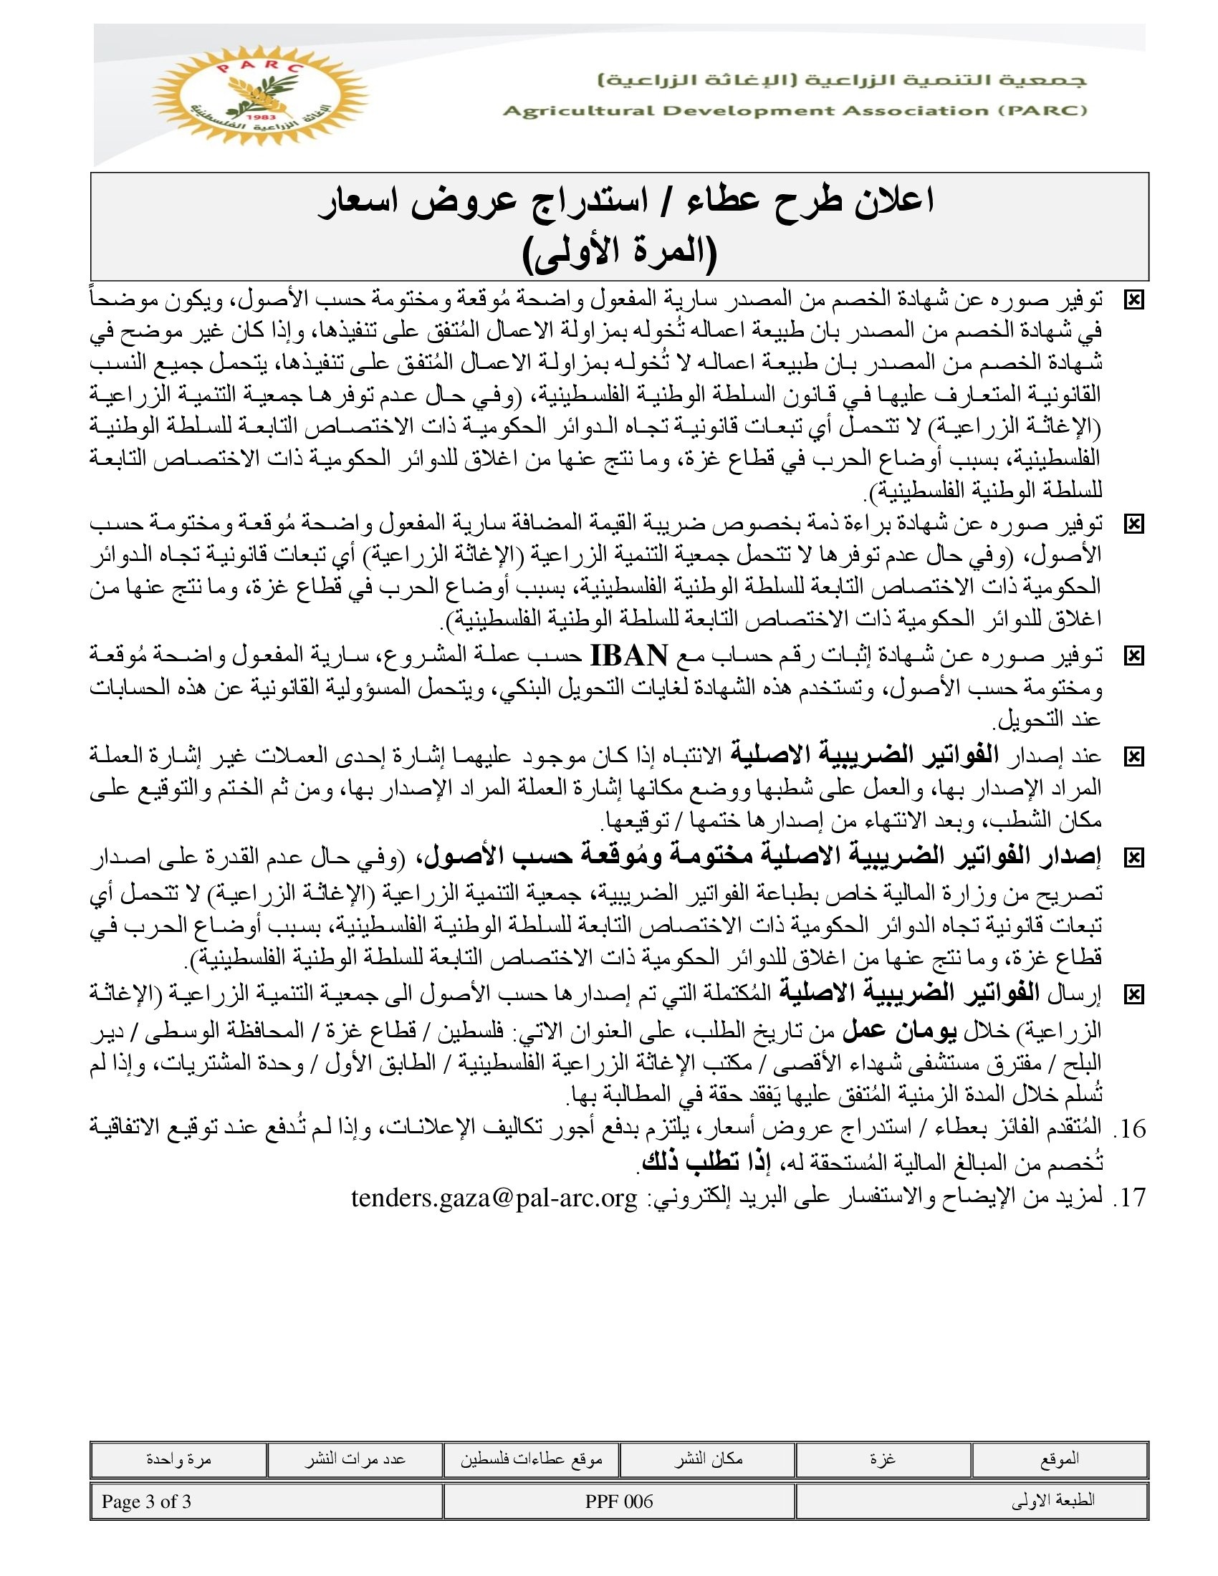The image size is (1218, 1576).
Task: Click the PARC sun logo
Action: pyautogui.click(x=260, y=95)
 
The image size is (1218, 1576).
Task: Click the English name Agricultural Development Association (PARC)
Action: pyautogui.click(x=795, y=111)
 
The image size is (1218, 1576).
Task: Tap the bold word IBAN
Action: pyautogui.click(x=629, y=655)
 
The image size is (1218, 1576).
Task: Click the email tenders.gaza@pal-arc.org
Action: pyautogui.click(x=494, y=1197)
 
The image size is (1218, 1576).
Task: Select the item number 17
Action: pyautogui.click(x=1129, y=1197)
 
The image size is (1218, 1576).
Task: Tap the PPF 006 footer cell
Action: pyautogui.click(x=619, y=1501)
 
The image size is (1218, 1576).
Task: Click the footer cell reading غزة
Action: pyautogui.click(x=883, y=1459)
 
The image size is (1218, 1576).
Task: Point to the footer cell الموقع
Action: pyautogui.click(x=1059, y=1459)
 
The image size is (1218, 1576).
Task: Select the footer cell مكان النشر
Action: pyautogui.click(x=708, y=1459)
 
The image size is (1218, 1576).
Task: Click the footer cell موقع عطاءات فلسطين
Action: pyautogui.click(x=531, y=1459)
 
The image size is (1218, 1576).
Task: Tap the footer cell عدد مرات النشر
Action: pyautogui.click(x=354, y=1459)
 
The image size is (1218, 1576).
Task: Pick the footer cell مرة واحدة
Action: pyautogui.click(x=178, y=1459)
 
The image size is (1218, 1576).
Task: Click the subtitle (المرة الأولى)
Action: pyautogui.click(x=619, y=253)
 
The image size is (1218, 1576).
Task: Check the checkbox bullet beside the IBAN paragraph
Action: pyautogui.click(x=1134, y=656)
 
